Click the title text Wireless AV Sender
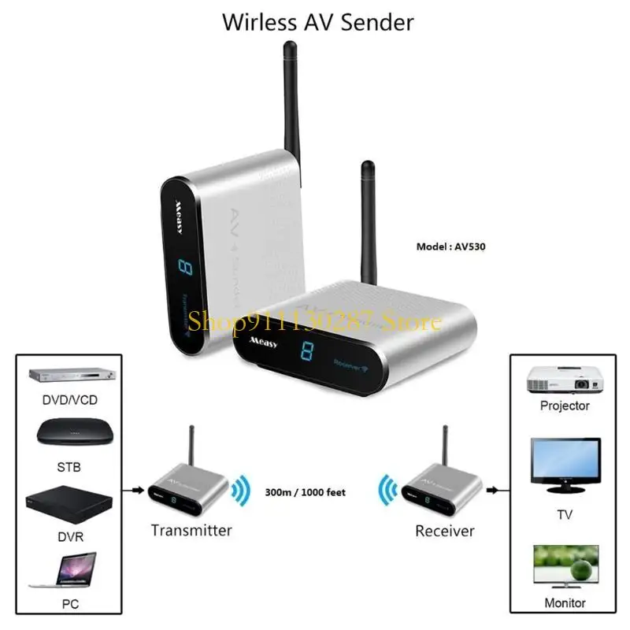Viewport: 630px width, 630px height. [317, 22]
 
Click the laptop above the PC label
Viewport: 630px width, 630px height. [66, 569]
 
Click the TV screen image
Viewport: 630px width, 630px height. [564, 461]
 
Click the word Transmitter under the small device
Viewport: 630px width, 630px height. [191, 530]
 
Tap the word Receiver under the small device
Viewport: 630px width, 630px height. [445, 531]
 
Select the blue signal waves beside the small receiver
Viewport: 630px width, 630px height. [387, 491]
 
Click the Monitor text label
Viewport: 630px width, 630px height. [565, 603]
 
